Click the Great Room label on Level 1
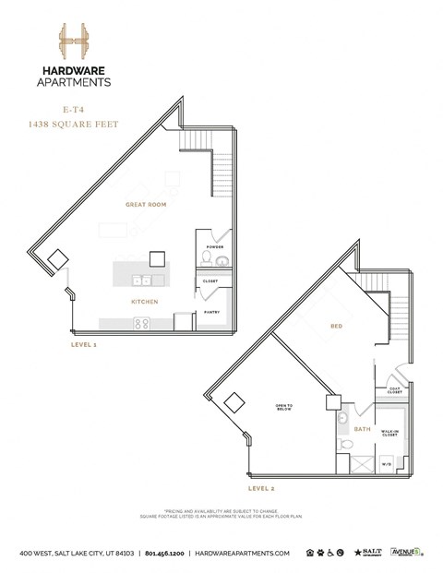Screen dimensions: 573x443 146,205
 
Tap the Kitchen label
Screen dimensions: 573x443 144,302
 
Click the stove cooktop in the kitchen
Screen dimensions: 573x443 143,323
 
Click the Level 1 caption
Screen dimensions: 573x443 85,344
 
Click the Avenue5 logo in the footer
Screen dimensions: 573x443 405,552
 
